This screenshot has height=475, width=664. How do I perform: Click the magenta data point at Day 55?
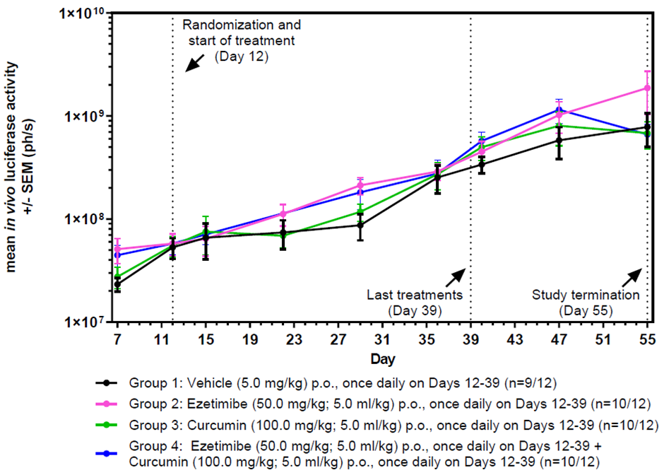click(647, 88)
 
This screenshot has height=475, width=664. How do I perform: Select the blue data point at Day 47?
click(559, 110)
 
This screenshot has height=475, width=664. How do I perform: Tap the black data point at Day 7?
click(117, 284)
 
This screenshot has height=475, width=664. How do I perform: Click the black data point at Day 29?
click(360, 225)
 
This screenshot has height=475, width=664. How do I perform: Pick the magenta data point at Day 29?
click(360, 186)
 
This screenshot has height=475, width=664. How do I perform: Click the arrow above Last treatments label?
click(456, 276)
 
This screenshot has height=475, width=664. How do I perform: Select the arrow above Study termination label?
click(633, 276)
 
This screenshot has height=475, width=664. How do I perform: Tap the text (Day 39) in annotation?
click(415, 310)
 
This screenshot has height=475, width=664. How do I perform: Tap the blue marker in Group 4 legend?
click(107, 449)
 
